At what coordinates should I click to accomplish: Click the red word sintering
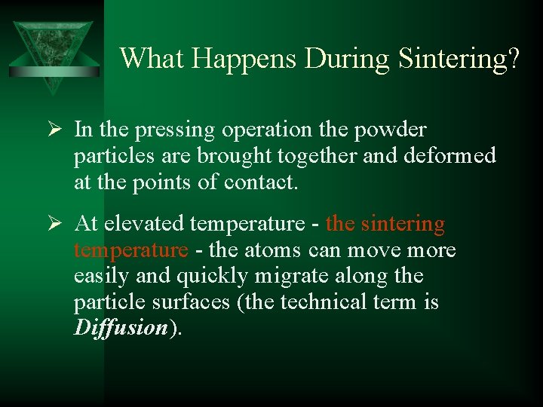(x=403, y=225)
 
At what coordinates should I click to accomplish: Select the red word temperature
(x=130, y=249)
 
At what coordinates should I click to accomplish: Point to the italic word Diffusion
(x=121, y=329)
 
